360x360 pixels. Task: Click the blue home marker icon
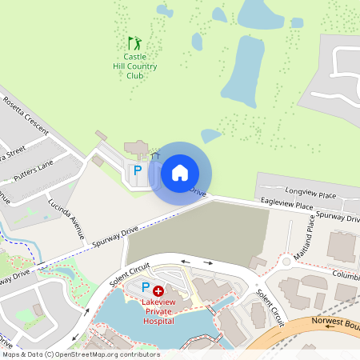[180, 172]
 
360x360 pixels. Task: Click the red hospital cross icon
[158, 291]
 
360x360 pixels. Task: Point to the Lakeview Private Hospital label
[158, 311]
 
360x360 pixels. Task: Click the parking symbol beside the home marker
[137, 170]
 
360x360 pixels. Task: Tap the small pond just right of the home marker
[210, 136]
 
